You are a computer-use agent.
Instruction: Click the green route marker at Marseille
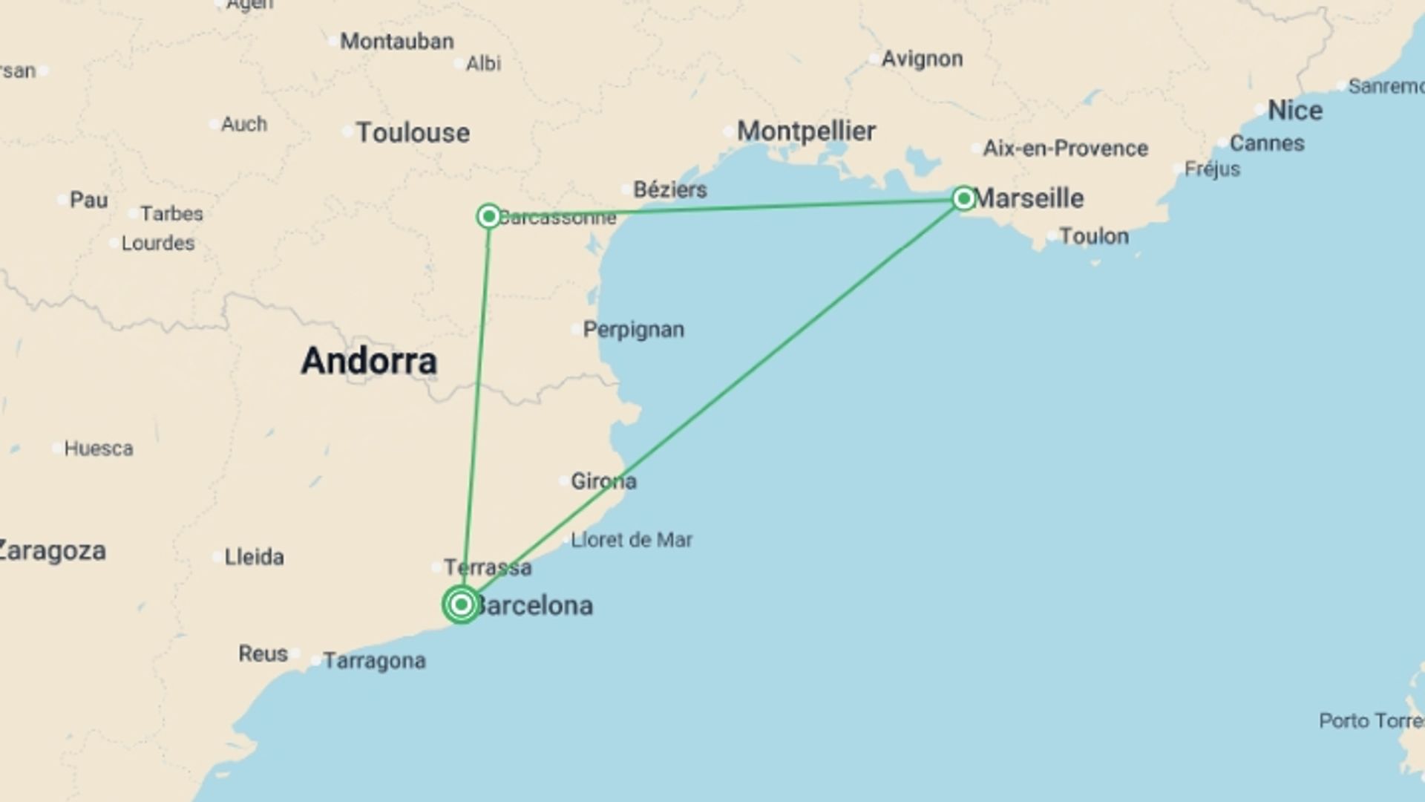[x=963, y=198]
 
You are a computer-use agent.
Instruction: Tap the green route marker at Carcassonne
[x=488, y=216]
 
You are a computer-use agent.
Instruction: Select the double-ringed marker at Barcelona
[x=461, y=604]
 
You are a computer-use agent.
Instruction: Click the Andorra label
[x=369, y=362]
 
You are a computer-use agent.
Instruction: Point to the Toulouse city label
[x=413, y=133]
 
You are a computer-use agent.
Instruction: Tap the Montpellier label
[x=806, y=131]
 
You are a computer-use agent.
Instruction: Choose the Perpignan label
[x=633, y=329]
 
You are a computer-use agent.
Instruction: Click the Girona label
[x=603, y=481]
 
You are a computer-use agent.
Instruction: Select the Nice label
[x=1294, y=111]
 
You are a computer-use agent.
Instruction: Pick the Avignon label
[x=922, y=59]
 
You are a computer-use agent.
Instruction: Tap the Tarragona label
[x=374, y=661]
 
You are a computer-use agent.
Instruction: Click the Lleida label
[x=254, y=557]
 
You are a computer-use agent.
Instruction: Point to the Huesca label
[x=99, y=449]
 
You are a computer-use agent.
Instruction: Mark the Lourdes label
[x=157, y=243]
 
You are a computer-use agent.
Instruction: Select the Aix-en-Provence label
[x=1065, y=149]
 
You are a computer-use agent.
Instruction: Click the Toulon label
[x=1093, y=236]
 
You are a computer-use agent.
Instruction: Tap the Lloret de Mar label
[x=631, y=540]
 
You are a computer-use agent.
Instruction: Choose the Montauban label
[x=396, y=42]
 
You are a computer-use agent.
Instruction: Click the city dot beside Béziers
[x=626, y=189]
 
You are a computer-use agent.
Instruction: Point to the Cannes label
[x=1266, y=143]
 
